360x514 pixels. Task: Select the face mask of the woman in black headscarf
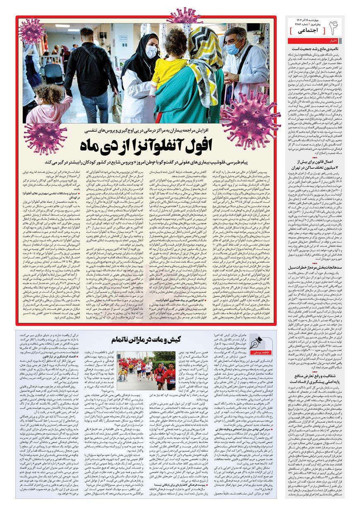point(151,52)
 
